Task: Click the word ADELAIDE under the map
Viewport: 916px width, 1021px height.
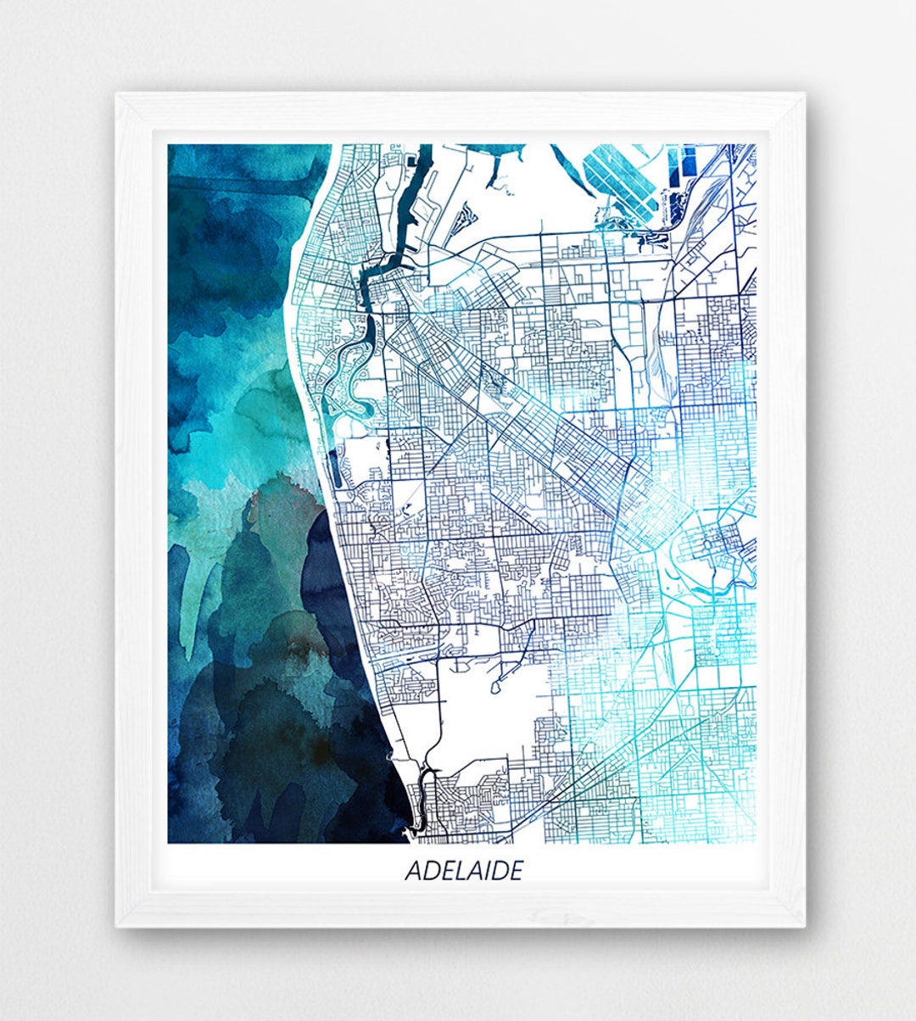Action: [x=463, y=871]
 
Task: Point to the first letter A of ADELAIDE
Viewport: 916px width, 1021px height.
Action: [x=413, y=871]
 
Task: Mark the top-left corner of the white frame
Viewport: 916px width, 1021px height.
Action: [x=117, y=93]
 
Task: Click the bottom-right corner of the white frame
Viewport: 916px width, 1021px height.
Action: [x=804, y=925]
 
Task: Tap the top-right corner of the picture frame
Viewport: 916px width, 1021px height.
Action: [x=804, y=93]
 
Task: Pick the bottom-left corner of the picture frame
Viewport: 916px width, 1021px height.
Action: [x=117, y=925]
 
